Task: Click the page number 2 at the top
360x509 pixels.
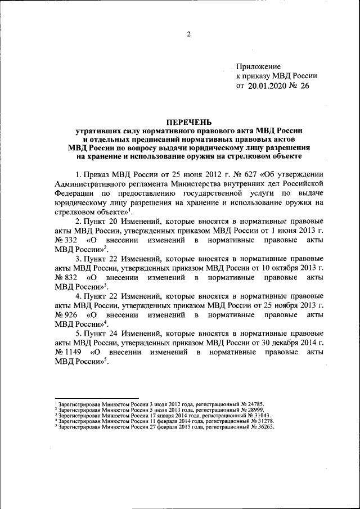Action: pos(189,35)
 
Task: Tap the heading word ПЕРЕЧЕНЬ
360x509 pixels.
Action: pos(189,121)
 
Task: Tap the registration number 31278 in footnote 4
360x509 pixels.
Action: pos(263,421)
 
